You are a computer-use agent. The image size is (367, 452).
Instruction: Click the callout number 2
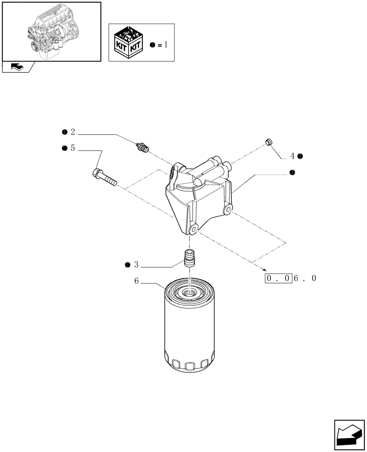pyautogui.click(x=72, y=132)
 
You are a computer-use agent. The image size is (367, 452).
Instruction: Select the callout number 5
pyautogui.click(x=72, y=148)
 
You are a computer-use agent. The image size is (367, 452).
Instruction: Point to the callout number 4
pyautogui.click(x=292, y=156)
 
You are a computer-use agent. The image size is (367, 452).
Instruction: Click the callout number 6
pyautogui.click(x=136, y=281)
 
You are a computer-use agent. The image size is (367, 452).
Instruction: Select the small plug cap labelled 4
pyautogui.click(x=269, y=143)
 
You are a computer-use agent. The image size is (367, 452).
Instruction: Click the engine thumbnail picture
pyautogui.click(x=52, y=31)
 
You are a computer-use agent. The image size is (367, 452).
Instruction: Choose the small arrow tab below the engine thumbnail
pyautogui.click(x=18, y=67)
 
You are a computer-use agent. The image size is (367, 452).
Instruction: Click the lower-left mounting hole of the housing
pyautogui.click(x=195, y=230)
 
